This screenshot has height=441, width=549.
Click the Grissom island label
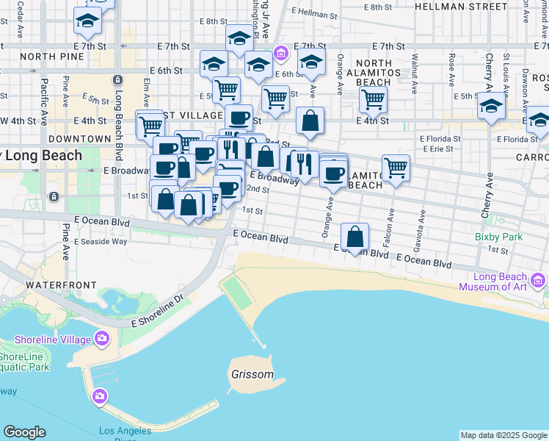click(252, 374)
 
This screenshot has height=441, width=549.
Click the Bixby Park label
click(498, 237)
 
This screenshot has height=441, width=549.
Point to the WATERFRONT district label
click(61, 284)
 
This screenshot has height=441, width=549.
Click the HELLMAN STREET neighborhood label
click(460, 6)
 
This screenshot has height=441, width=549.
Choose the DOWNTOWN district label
click(79, 138)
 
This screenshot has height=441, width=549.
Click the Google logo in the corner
click(24, 432)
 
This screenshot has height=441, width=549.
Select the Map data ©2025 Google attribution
click(504, 436)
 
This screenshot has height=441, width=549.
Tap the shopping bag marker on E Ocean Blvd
click(355, 237)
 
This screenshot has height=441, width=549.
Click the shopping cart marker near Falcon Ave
click(396, 168)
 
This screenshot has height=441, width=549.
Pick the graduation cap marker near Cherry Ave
click(491, 107)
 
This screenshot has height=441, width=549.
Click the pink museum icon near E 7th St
click(280, 53)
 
